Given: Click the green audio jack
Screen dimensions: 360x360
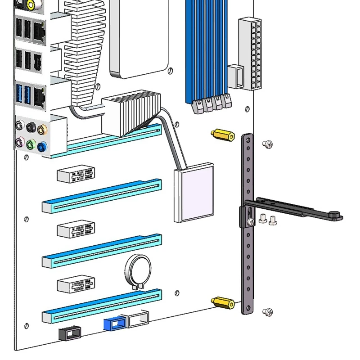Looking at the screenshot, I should (x=31, y=144).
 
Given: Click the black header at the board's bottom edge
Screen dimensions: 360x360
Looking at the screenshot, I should (x=70, y=333).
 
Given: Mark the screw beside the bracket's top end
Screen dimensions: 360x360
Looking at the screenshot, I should (x=267, y=144).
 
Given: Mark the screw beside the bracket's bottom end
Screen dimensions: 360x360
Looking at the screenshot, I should (x=268, y=311).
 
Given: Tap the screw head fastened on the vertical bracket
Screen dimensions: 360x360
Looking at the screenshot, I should (x=250, y=221).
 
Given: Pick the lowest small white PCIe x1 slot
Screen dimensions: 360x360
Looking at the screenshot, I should (x=76, y=284).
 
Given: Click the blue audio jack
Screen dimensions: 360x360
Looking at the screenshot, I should (x=42, y=146).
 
